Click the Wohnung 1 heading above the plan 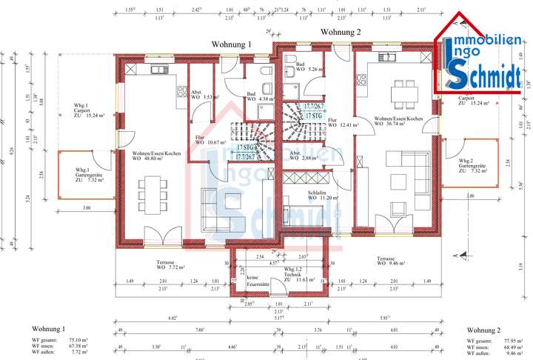(232, 44)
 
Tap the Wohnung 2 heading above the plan (341, 32)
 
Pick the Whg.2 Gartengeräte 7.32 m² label (472, 167)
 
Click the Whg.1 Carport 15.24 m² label (86, 112)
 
